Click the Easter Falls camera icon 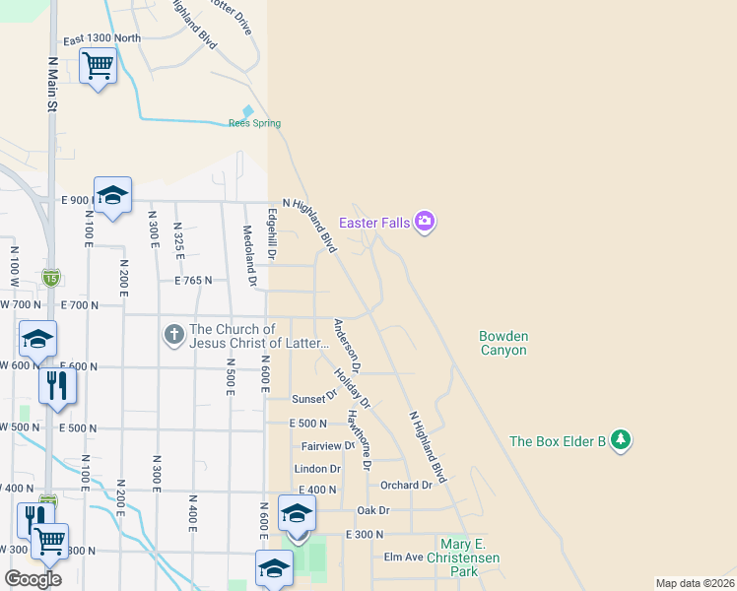pos(426,221)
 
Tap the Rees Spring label pos(254,123)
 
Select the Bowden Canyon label pos(502,343)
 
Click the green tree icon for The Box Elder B pos(620,439)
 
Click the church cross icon pos(173,335)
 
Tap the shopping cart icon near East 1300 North pos(98,67)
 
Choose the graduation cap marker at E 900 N pos(112,195)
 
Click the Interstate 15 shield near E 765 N pos(50,279)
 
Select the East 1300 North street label pos(101,39)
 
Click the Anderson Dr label pos(348,345)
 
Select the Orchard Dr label pos(406,485)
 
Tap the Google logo pos(33,578)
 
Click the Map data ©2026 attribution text pos(695,583)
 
